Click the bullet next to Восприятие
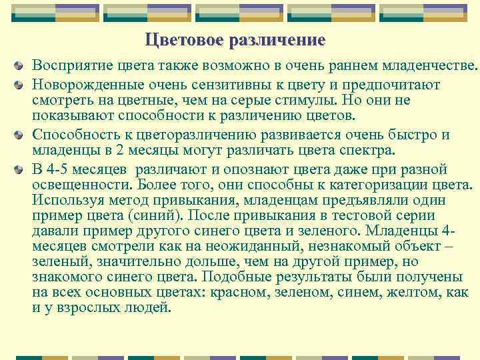(23, 67)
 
